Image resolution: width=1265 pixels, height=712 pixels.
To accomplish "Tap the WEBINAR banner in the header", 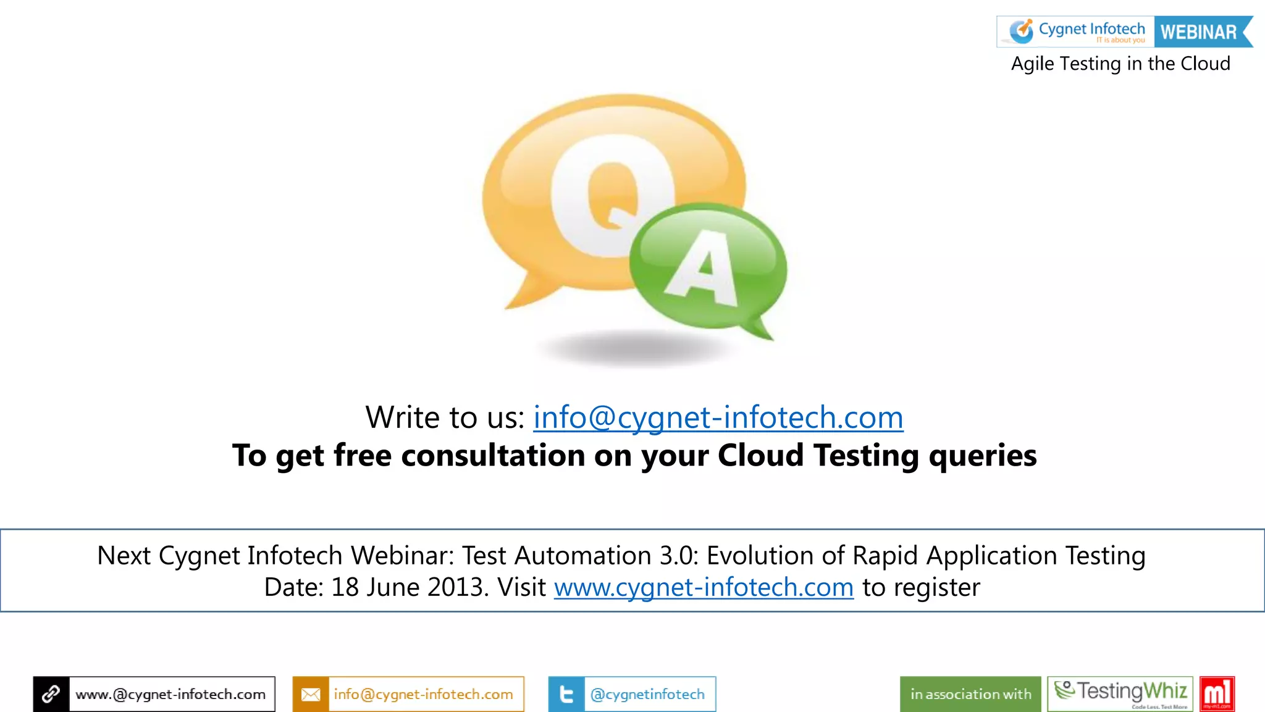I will (x=1199, y=32).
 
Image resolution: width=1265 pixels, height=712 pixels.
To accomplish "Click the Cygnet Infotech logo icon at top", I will (x=1021, y=31).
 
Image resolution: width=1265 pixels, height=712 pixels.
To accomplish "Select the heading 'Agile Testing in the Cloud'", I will (x=1120, y=64).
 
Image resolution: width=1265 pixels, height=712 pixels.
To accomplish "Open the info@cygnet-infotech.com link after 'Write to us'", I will (x=718, y=417).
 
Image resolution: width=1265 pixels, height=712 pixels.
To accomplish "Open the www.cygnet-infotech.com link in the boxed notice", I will (x=704, y=587).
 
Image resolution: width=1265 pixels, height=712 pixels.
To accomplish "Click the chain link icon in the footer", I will (x=51, y=694).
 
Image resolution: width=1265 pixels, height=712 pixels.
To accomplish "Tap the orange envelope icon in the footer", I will (x=311, y=694).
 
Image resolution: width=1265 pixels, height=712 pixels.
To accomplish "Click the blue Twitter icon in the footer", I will (x=566, y=694).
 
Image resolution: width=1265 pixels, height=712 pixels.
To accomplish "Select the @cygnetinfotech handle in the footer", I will (x=647, y=694).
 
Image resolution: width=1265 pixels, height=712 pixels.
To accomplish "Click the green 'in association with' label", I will (x=970, y=694).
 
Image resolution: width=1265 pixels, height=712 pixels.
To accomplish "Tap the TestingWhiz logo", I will (x=1120, y=693).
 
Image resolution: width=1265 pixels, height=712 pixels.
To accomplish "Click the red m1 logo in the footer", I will (x=1217, y=693).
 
